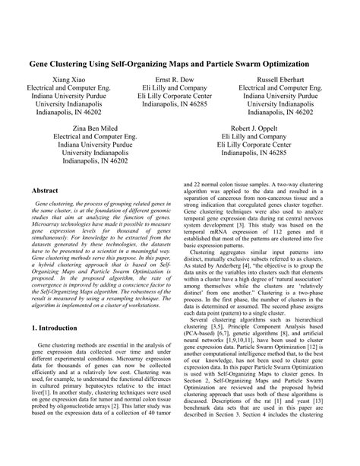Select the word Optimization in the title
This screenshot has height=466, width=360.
[x=286, y=65]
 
